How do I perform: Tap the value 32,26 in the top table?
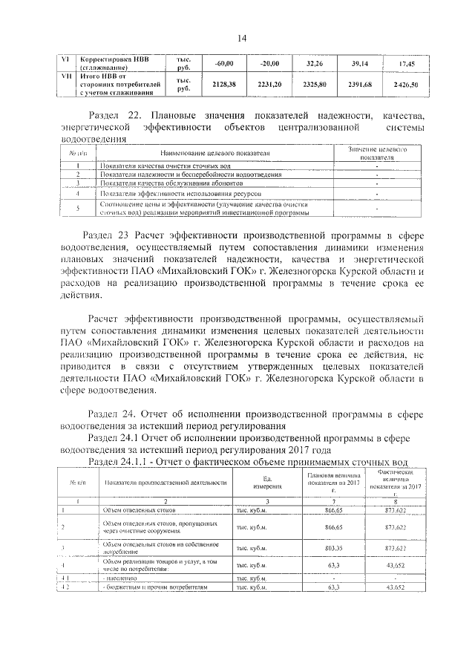315,64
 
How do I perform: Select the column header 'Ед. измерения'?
266,482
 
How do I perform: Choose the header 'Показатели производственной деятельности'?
166,482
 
